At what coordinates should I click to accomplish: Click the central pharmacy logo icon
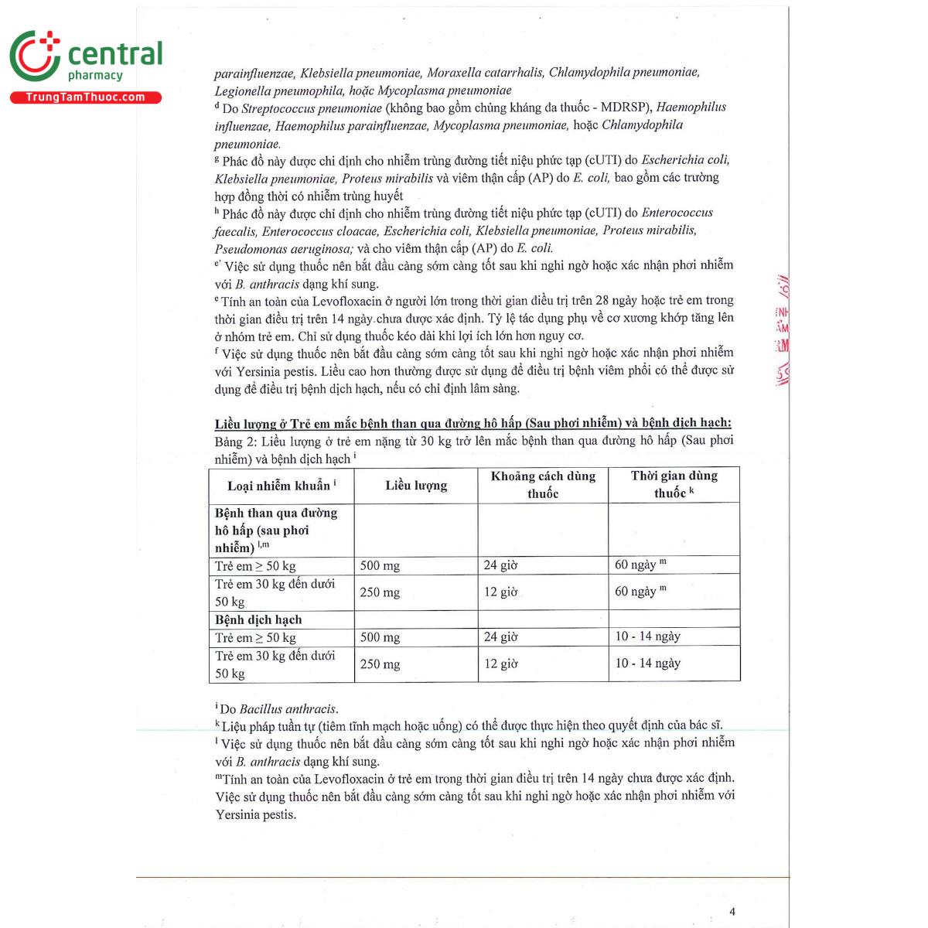tap(35, 56)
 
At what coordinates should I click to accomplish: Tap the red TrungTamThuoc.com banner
tap(86, 97)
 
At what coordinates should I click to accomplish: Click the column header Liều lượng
tap(416, 486)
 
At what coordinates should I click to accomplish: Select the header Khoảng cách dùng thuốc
tap(543, 485)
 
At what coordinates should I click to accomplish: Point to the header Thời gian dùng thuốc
tap(674, 485)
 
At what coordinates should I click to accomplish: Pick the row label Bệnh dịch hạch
tap(258, 619)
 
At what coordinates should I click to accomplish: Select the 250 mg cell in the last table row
tap(380, 664)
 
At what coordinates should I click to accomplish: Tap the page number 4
tap(732, 911)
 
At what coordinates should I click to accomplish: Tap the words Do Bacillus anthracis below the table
tap(278, 709)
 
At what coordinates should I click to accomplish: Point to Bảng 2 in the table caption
tap(229, 442)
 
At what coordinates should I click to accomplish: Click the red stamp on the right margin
tap(782, 333)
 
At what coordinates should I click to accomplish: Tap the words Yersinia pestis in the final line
tap(255, 814)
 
